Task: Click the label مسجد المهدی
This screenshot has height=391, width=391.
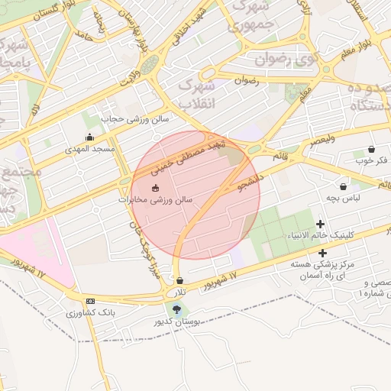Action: [90, 148]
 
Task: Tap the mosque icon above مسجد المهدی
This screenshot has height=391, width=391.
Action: [90, 138]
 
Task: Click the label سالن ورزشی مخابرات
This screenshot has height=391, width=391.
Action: [156, 199]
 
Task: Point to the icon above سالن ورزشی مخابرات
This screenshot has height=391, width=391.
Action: [156, 188]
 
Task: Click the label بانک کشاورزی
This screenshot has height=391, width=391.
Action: [90, 313]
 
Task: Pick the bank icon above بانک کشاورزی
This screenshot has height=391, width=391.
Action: [90, 302]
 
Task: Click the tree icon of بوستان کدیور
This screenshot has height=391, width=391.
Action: [177, 310]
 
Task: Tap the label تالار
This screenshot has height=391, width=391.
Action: [179, 292]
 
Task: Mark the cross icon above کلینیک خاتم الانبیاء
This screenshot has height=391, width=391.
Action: [319, 225]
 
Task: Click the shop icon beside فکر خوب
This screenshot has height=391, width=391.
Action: [371, 149]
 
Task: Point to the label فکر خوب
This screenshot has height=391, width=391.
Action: [371, 160]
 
